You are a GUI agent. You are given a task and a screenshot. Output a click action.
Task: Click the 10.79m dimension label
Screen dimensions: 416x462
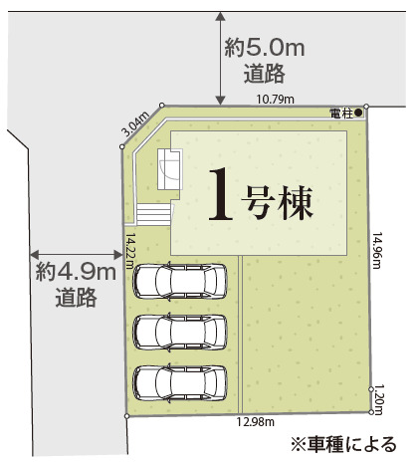275,99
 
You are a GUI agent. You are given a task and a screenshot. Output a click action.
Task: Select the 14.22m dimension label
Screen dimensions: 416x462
130,251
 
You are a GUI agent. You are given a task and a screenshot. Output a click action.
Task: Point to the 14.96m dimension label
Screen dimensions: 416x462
377,250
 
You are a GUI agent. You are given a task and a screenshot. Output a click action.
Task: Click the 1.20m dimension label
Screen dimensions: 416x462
378,399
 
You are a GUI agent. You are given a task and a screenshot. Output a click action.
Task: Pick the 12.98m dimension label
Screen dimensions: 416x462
255,422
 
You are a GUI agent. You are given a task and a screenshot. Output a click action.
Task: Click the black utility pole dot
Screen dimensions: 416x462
358,113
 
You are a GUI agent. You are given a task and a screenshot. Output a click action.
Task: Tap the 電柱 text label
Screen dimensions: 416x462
341,114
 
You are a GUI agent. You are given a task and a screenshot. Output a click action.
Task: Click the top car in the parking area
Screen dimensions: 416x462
180,282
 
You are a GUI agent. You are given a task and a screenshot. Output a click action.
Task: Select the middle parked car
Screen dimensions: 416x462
180,332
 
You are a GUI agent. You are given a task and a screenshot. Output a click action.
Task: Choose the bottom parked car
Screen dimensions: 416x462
180,383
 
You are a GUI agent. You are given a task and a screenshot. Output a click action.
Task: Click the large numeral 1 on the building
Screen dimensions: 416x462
221,194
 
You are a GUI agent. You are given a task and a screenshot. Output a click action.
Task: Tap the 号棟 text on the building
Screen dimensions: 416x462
277,203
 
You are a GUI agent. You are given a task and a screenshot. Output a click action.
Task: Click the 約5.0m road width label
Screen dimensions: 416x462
265,49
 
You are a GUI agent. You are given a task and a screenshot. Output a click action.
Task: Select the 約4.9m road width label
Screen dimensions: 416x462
76,273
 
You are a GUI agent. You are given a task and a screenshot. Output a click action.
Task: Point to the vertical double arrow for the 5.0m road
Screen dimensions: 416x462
221,59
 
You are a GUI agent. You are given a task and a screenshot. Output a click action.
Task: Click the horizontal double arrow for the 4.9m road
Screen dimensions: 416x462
76,255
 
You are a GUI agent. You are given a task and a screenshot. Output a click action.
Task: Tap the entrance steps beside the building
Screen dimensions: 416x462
154,214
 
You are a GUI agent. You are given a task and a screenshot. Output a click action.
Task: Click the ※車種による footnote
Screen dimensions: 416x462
343,444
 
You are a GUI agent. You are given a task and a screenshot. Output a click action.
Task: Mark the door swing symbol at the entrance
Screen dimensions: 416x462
170,169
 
